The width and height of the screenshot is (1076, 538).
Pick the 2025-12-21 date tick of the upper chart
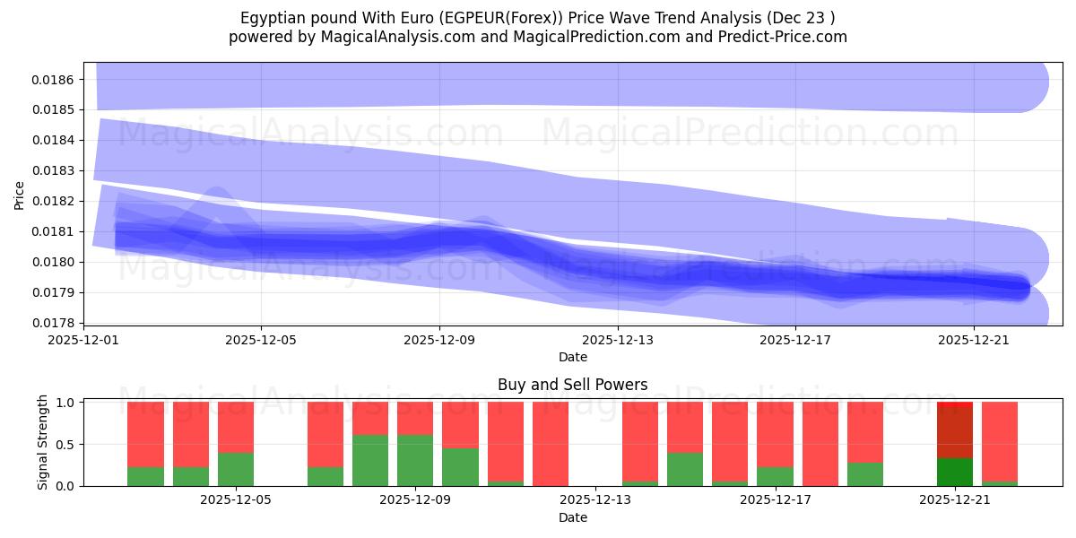[x=974, y=340]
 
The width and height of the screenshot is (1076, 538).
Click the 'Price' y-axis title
[x=20, y=194]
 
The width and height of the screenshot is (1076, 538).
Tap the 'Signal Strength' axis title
[x=43, y=442]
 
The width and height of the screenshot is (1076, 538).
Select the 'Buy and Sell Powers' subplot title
[x=572, y=385]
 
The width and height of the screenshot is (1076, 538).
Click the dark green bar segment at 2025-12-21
[x=955, y=472]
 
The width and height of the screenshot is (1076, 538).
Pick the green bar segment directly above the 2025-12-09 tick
[x=415, y=460]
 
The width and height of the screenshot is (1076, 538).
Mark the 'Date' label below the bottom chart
[x=572, y=517]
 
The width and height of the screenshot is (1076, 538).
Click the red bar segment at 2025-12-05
[x=236, y=427]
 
